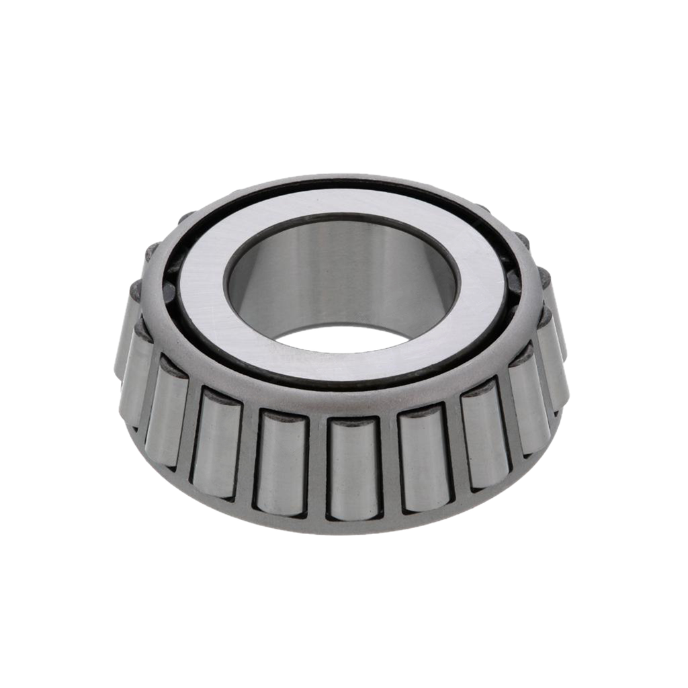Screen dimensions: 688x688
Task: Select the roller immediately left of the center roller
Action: coord(282,463)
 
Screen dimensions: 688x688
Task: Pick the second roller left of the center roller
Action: coord(216,443)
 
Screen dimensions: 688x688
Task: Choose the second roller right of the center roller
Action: coord(484,440)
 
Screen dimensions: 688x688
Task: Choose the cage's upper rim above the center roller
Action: coord(353,403)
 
